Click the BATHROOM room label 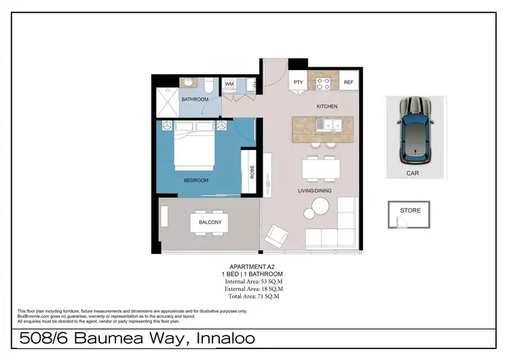(195, 100)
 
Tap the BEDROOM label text (196, 180)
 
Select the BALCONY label (210, 222)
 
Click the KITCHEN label (326, 107)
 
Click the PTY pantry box (298, 82)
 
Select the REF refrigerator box (348, 82)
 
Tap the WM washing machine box (229, 84)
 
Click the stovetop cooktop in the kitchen (323, 84)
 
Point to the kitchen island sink (332, 124)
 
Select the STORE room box (410, 215)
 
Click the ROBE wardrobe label (252, 170)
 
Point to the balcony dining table (210, 222)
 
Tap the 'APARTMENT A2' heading (252, 267)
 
